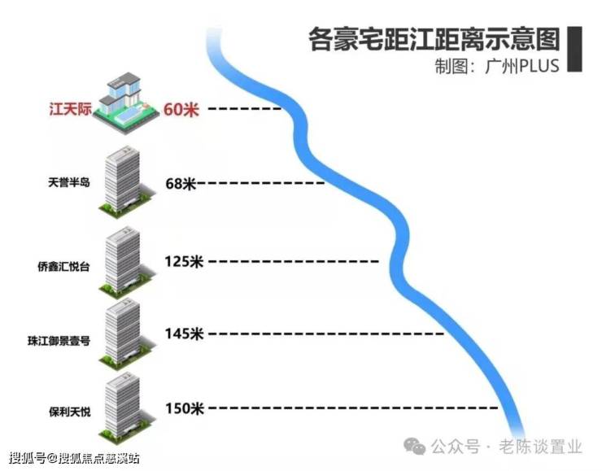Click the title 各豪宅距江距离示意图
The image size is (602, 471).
coord(434,39)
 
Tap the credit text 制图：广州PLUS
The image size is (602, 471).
coord(496,65)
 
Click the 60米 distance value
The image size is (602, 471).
coord(181,108)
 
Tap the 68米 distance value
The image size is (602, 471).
coord(181,184)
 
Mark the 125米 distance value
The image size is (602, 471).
coord(183,261)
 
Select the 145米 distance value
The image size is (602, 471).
coord(183,334)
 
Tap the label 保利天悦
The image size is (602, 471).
coord(70,412)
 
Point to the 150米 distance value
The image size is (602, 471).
coord(184,408)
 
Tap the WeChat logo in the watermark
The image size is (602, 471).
coord(416,446)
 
